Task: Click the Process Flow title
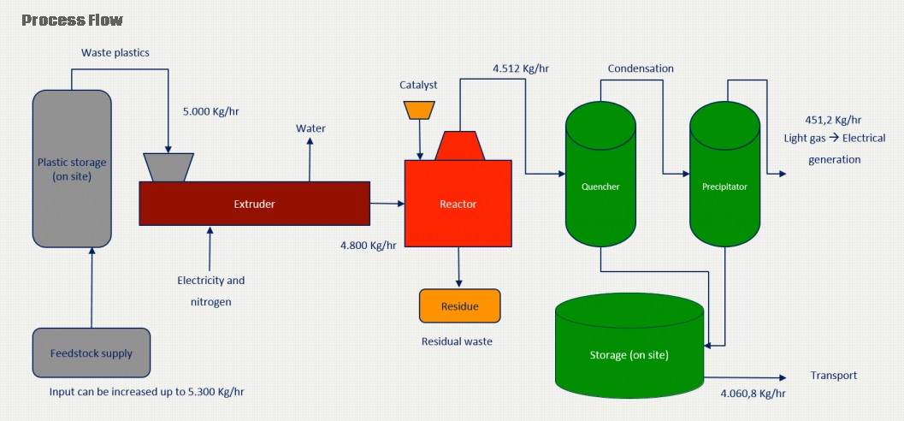(x=72, y=21)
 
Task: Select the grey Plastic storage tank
(x=72, y=169)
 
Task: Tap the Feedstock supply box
(x=92, y=353)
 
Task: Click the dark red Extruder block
(x=254, y=203)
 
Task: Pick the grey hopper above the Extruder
(x=168, y=167)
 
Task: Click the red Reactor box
(x=458, y=204)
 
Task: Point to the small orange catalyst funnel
(x=419, y=110)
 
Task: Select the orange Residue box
(x=459, y=305)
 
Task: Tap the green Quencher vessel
(x=600, y=174)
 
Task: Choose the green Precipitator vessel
(x=724, y=174)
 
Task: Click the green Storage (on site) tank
(x=629, y=346)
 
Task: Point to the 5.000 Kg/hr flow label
(x=210, y=111)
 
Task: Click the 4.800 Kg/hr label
(x=369, y=245)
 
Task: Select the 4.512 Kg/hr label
(x=521, y=68)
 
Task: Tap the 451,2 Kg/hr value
(x=833, y=120)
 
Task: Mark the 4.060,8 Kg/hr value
(x=753, y=394)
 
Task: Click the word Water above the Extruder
(x=310, y=128)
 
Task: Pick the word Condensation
(x=641, y=68)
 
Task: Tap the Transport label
(x=834, y=376)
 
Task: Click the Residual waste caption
(x=458, y=341)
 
